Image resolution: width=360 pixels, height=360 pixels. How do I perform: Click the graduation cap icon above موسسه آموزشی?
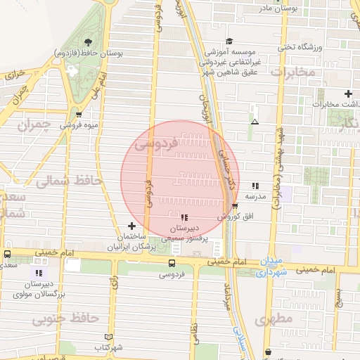tap(230, 41)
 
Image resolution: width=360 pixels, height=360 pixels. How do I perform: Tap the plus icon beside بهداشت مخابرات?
tap(348, 94)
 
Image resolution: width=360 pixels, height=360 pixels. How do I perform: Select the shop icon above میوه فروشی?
tap(78, 114)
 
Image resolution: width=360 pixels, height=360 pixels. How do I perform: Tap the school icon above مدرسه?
tap(254, 186)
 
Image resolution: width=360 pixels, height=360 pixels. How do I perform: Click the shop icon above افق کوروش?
tap(234, 205)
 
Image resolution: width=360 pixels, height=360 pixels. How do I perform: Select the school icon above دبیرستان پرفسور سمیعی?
tap(184, 217)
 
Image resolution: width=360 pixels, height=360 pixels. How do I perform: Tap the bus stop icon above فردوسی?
tap(172, 263)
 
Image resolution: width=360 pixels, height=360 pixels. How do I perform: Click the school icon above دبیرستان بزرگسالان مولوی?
tap(39, 272)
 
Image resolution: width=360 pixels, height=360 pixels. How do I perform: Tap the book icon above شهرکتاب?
tap(108, 337)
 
